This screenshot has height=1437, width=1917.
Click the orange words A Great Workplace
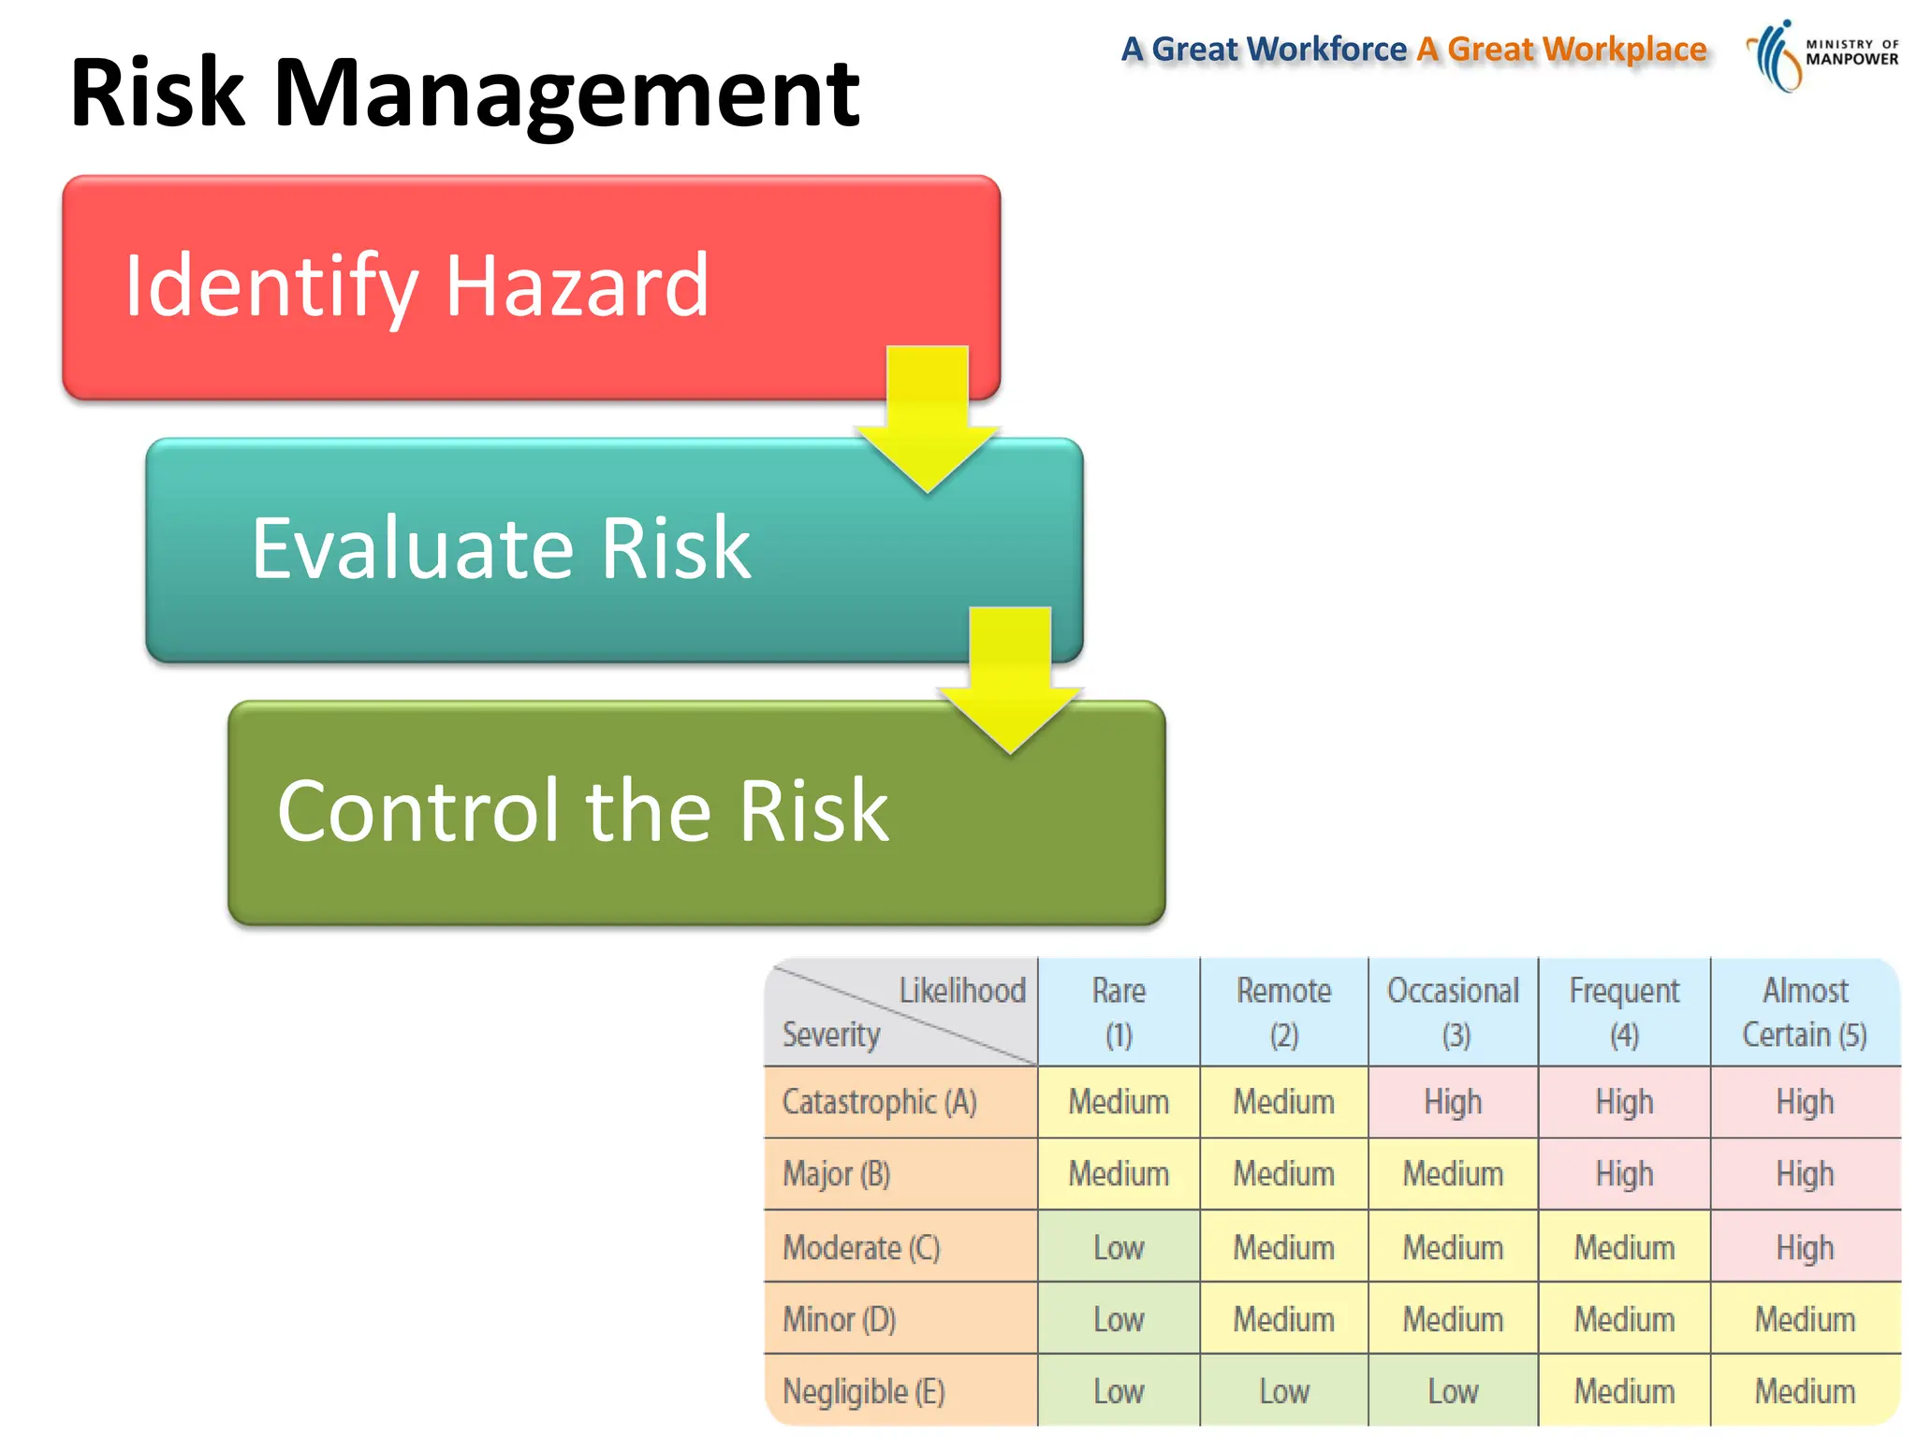[x=1561, y=49]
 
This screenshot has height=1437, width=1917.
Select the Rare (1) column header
[x=1119, y=1012]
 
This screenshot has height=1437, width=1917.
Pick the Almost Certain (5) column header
[x=1804, y=1012]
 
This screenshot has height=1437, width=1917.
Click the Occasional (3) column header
[x=1453, y=1012]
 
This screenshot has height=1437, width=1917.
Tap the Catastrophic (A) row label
[x=880, y=1102]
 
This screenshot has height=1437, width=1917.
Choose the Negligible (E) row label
[x=863, y=1391]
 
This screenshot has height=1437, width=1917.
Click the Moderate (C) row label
[x=861, y=1247]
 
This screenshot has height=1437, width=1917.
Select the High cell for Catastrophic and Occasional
[x=1453, y=1102]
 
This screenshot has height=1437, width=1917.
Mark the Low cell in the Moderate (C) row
[x=1119, y=1247]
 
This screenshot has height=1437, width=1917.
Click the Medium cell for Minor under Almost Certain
[x=1804, y=1319]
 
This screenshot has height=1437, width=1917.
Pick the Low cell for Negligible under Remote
[x=1284, y=1391]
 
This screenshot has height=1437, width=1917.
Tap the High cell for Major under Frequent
[x=1624, y=1174]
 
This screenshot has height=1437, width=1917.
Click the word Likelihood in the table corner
[x=961, y=991]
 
